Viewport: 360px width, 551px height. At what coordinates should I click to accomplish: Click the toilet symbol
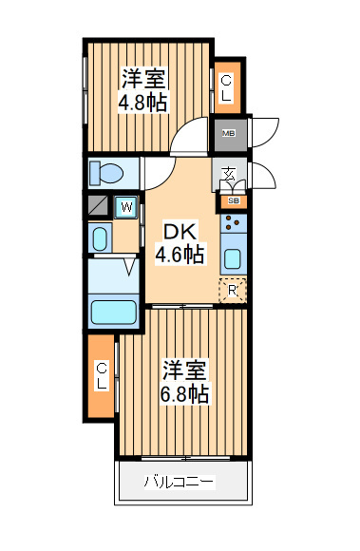(105, 173)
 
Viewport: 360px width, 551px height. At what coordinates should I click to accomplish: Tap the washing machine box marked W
(126, 207)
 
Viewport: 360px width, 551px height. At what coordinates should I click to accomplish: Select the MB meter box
(231, 135)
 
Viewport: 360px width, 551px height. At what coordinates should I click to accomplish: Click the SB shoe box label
(234, 201)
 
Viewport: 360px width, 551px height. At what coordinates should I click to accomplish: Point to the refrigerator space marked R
(233, 291)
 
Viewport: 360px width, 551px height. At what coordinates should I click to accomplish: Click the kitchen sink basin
(233, 259)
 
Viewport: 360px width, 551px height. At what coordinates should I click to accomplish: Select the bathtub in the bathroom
(113, 312)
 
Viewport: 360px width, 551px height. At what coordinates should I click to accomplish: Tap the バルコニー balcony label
(180, 482)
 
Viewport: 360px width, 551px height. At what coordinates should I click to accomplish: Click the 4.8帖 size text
(142, 103)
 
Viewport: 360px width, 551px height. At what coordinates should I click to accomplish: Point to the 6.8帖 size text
(184, 393)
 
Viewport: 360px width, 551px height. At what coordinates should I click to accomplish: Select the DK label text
(180, 232)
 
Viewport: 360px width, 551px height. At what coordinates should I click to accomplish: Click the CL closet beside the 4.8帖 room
(227, 87)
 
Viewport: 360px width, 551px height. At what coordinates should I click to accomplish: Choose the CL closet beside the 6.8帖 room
(101, 376)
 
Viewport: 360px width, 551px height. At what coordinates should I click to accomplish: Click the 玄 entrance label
(229, 174)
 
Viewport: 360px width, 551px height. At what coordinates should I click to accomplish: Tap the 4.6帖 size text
(180, 255)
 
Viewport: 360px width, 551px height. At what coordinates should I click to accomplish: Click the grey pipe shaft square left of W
(98, 205)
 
